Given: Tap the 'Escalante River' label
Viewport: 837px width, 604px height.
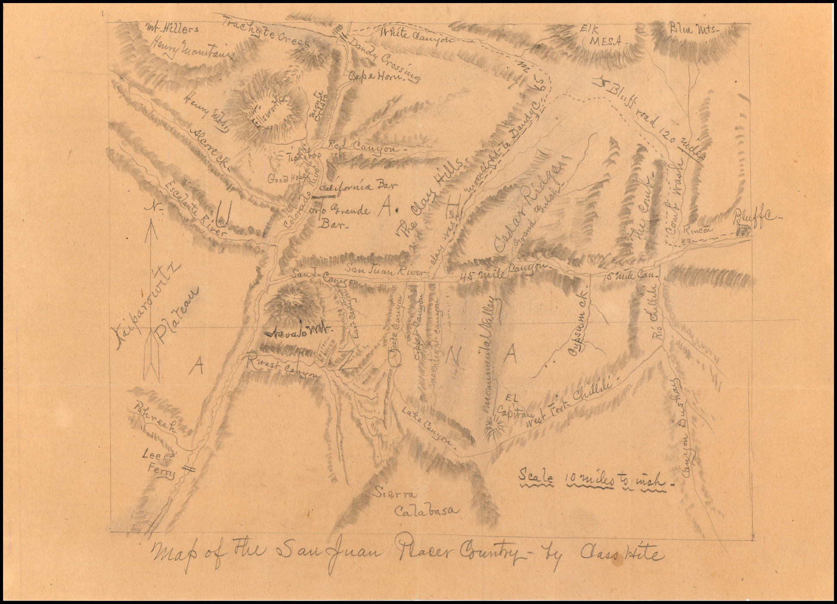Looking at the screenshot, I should click(x=196, y=207).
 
